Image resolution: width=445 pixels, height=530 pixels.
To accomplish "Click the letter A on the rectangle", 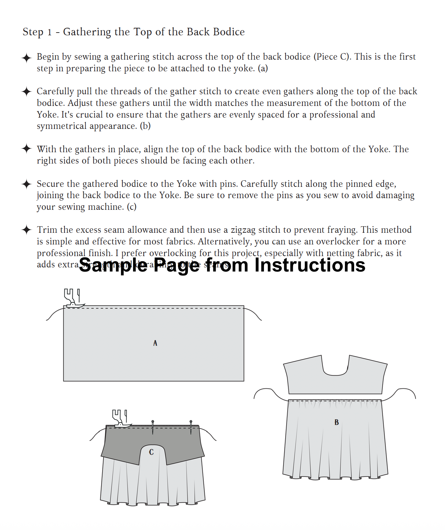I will pos(155,343).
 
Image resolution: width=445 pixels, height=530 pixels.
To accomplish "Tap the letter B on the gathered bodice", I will pos(337,422).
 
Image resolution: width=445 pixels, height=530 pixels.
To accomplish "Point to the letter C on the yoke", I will pos(151,452).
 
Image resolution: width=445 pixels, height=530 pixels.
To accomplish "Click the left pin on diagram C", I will pos(153,426).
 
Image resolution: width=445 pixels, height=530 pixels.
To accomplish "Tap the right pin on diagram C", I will pos(191,426).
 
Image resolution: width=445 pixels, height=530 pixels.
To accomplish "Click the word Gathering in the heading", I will pos(87,32).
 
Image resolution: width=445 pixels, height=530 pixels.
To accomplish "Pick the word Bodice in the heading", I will pos(229,32).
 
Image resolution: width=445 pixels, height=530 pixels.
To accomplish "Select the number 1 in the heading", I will pos(49,32).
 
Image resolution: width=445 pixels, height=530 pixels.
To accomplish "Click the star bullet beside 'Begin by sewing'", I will pos(26,58).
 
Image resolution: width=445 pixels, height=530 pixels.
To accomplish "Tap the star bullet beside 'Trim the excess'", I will pos(26,230).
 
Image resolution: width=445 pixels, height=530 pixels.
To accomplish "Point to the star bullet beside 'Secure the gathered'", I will pos(26,184).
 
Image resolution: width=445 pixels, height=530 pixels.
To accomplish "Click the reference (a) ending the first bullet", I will pos(263,68).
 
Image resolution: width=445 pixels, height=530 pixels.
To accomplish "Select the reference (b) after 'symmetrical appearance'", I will pos(145,126).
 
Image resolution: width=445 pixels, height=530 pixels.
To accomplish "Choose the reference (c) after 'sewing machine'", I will pos(132,207).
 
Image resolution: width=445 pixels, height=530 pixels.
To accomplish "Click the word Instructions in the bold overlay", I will pos(310,265).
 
